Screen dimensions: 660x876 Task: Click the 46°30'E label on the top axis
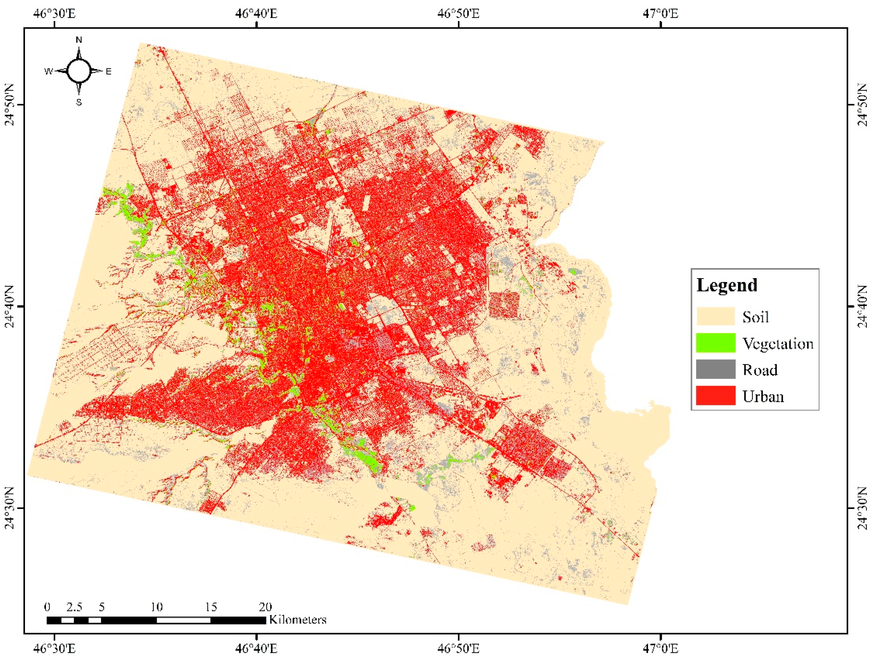pyautogui.click(x=54, y=13)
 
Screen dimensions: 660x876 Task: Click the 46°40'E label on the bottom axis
pyautogui.click(x=256, y=648)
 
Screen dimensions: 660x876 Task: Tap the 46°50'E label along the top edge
pyautogui.click(x=458, y=13)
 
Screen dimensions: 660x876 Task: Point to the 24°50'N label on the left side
pyautogui.click(x=9, y=105)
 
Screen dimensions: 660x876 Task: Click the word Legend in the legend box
pyautogui.click(x=727, y=285)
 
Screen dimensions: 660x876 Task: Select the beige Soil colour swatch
pyautogui.click(x=716, y=316)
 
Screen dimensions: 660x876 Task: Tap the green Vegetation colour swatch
pyautogui.click(x=716, y=343)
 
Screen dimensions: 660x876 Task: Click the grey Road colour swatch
pyautogui.click(x=716, y=369)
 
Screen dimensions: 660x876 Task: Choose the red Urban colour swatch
pyautogui.click(x=716, y=396)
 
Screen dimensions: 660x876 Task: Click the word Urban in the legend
pyautogui.click(x=763, y=396)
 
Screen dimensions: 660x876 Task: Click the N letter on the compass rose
pyautogui.click(x=79, y=40)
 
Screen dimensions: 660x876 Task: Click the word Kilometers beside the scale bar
pyautogui.click(x=298, y=619)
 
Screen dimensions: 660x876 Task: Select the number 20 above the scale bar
pyautogui.click(x=265, y=607)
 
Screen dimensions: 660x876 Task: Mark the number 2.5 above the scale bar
pyautogui.click(x=75, y=607)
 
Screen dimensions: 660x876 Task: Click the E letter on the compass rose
pyautogui.click(x=109, y=72)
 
